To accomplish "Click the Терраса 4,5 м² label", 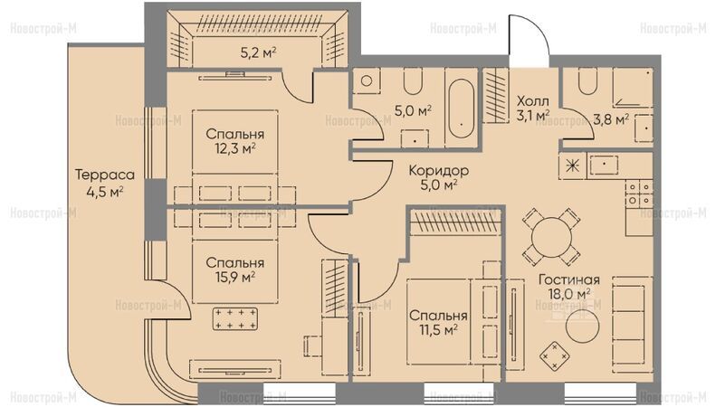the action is (x=105, y=183).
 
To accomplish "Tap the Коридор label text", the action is (x=439, y=170).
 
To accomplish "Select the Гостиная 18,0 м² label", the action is (x=569, y=287).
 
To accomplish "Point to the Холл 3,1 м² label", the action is (x=533, y=109).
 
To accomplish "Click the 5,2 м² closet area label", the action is (x=259, y=52).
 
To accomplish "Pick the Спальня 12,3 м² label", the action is (x=235, y=141).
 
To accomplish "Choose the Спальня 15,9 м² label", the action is (x=235, y=270).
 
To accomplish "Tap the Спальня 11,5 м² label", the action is (x=438, y=323).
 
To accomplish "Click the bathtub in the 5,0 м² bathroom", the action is (x=461, y=109).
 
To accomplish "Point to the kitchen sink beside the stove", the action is (x=604, y=166).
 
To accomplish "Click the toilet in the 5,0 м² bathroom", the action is (x=413, y=81).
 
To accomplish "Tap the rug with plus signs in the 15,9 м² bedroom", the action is (x=235, y=318).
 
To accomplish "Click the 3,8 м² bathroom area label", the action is (x=611, y=119).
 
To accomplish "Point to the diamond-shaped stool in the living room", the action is (x=554, y=355).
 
